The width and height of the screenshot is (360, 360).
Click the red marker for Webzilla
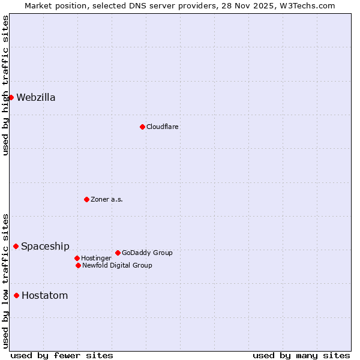point(11,97)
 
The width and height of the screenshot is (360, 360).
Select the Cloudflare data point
point(142,127)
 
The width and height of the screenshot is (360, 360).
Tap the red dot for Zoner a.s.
point(86,199)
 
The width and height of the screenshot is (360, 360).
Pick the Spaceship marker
point(16,246)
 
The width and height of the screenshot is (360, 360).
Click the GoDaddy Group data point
point(118,253)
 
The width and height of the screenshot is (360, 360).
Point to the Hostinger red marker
point(77,258)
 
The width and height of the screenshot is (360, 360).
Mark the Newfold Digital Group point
point(78,265)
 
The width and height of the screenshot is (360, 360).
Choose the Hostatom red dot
point(16,295)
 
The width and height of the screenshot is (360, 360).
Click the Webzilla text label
point(36,98)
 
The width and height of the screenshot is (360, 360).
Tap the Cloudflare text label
point(163,127)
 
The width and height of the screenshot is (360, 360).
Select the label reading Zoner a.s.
point(107,199)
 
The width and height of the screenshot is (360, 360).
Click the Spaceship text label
point(45,247)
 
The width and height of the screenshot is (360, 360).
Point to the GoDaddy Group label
point(147,253)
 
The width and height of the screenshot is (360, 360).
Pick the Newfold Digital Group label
point(117,265)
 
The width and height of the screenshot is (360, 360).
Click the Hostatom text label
point(44,296)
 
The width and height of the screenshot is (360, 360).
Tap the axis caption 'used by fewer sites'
point(62,355)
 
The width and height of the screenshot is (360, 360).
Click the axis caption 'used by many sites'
point(301,355)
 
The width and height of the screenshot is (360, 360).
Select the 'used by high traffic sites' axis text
point(5,85)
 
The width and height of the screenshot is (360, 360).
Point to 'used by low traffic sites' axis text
point(5,280)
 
